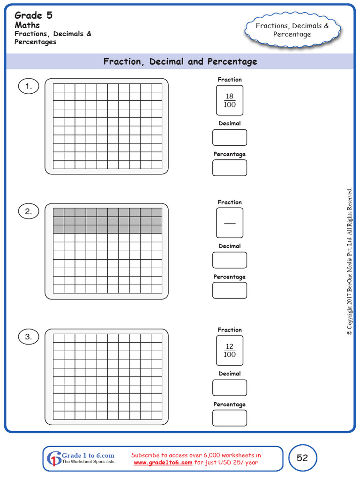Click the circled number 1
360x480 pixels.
coord(29,86)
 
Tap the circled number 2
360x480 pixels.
coord(29,211)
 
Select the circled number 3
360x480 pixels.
coord(29,337)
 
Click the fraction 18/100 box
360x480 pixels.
coord(230,100)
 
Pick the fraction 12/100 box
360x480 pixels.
coord(230,351)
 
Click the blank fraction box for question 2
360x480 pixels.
coord(230,223)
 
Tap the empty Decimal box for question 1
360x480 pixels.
coord(230,138)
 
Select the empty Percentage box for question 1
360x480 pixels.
coord(230,168)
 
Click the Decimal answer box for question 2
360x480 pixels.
coord(230,260)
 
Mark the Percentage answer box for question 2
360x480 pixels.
coord(230,290)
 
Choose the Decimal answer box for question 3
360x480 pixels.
coord(230,388)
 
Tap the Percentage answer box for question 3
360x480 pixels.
coord(230,418)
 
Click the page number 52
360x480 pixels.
coord(302,458)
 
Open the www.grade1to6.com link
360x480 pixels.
coord(163,463)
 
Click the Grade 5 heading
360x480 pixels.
coord(34,15)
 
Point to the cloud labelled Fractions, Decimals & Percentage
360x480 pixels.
coord(292,30)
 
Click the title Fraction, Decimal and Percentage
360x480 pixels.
coord(180,61)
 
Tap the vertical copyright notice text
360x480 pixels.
coord(349,262)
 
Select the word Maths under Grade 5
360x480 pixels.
coord(27,25)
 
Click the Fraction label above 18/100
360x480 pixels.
coord(230,80)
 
